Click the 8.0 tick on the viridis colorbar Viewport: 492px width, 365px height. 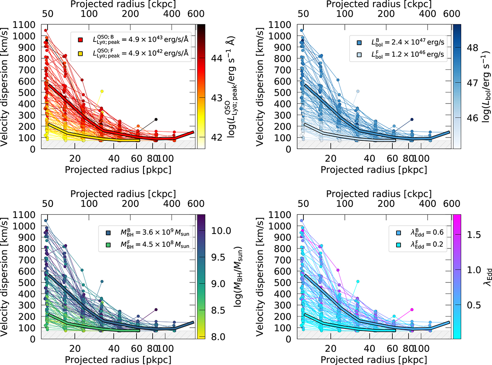point(215,337)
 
